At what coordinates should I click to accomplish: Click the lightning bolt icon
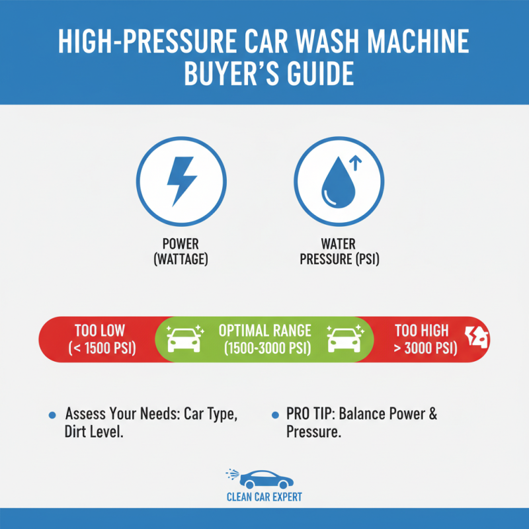click(181, 181)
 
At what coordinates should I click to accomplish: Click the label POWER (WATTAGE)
click(181, 251)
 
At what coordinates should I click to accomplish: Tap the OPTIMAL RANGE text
click(264, 330)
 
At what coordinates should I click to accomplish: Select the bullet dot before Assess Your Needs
click(52, 415)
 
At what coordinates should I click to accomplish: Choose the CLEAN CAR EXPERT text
click(264, 497)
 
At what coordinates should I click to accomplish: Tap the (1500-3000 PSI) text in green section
click(264, 348)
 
